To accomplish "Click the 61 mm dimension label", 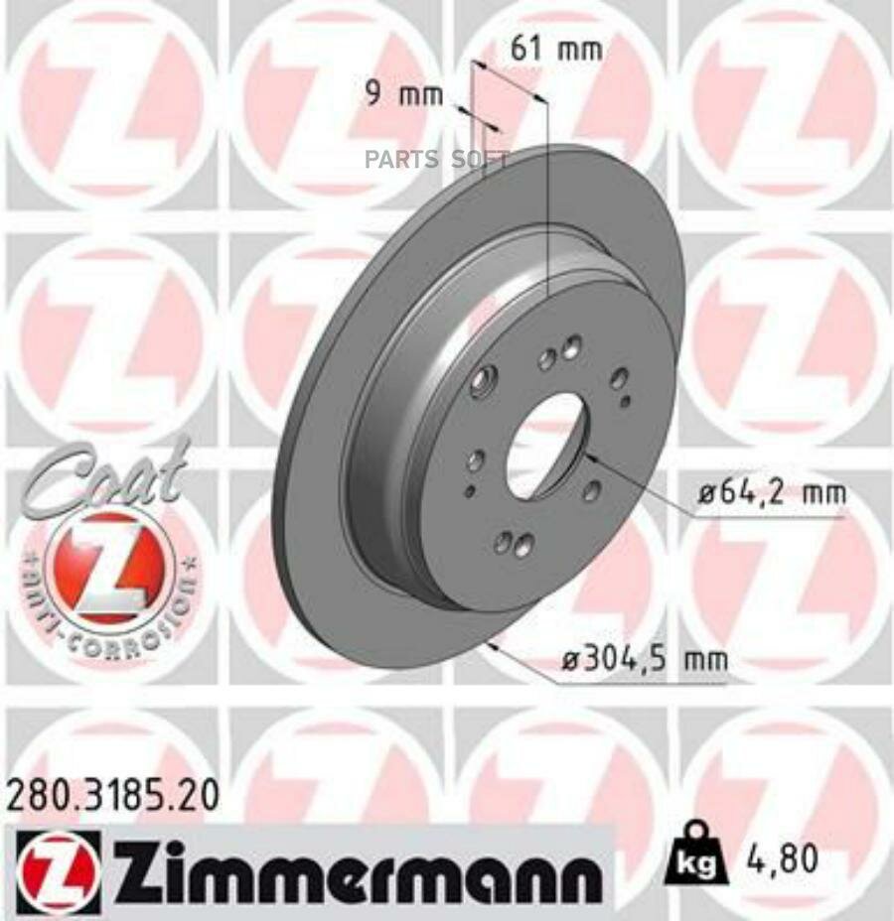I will [556, 49].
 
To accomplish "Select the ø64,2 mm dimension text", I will [770, 492].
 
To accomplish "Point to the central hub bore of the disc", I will [545, 447].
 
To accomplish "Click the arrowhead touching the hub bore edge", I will [588, 457].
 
